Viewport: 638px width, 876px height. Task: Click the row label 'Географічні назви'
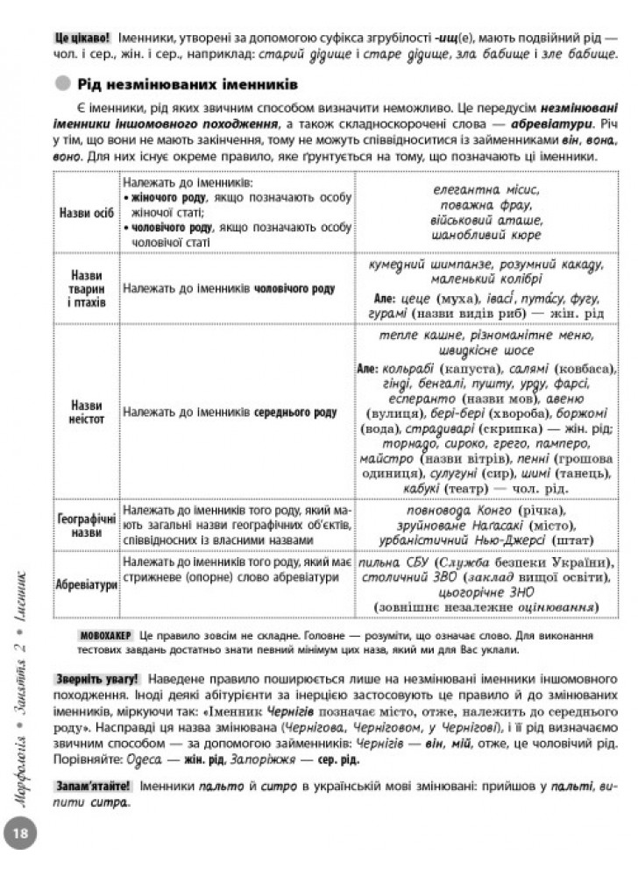pos(86,523)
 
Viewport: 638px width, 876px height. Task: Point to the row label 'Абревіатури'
pos(86,583)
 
